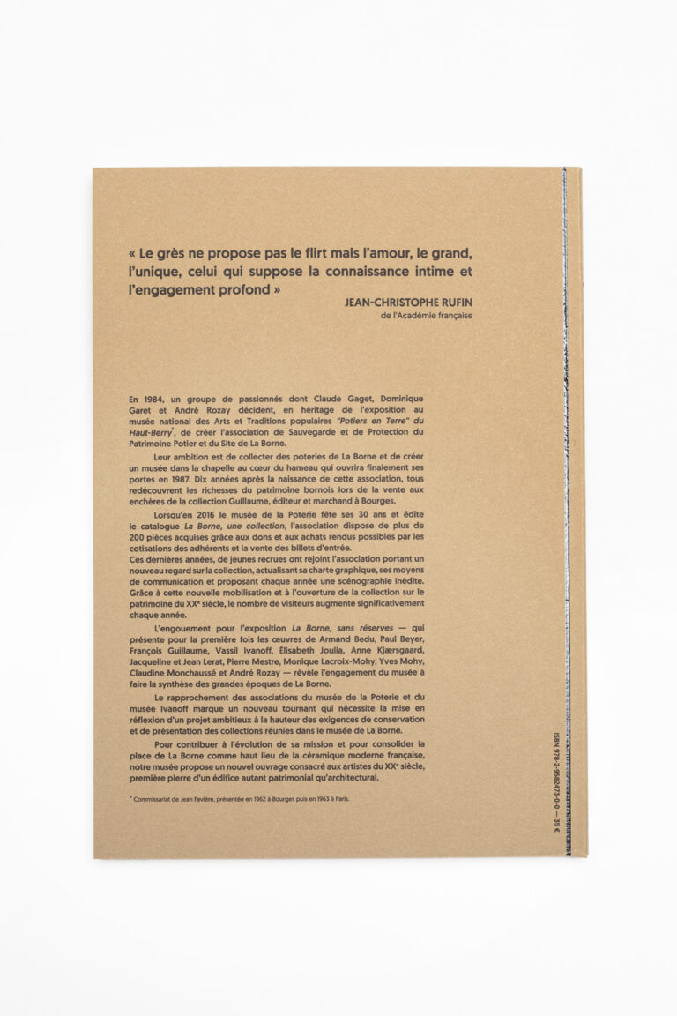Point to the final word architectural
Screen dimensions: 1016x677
click(x=339, y=777)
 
